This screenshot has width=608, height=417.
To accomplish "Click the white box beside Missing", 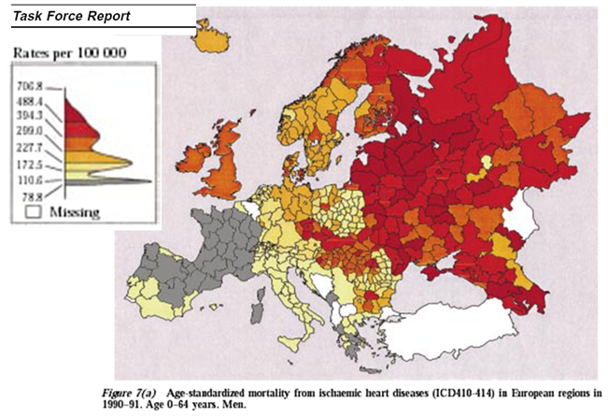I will coord(31,211).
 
